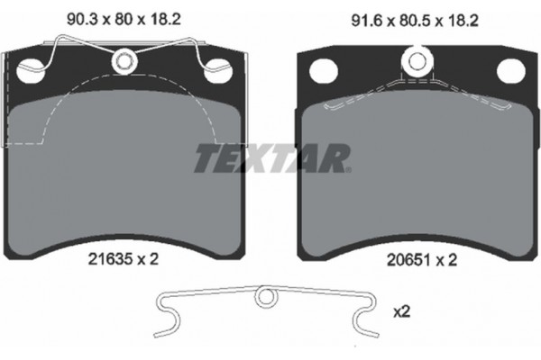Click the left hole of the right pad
tap(324, 69)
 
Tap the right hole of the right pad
tap(509, 69)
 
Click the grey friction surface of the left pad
tap(126, 180)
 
